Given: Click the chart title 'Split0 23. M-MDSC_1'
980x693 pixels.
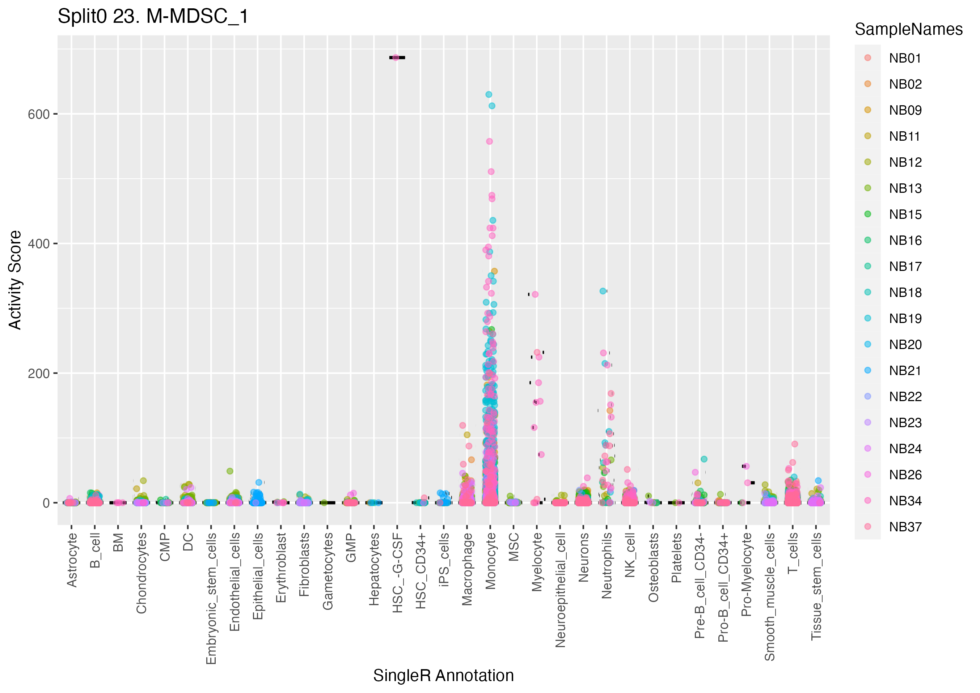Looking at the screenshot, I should click(x=153, y=17).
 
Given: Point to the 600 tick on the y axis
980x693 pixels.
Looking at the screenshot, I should click(x=39, y=114).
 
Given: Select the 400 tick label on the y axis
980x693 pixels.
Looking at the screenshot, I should click(x=39, y=244).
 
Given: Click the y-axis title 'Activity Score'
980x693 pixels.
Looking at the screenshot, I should click(x=15, y=280).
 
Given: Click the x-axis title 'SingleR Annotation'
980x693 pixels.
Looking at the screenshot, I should click(x=443, y=676).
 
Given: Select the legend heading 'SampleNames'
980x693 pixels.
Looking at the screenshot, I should click(x=908, y=29).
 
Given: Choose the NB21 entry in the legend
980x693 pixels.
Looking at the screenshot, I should click(x=905, y=371).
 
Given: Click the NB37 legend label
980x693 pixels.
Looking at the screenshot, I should click(x=905, y=527).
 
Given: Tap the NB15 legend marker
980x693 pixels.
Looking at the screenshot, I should click(x=867, y=214).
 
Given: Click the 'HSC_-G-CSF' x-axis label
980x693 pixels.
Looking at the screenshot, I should click(x=397, y=573).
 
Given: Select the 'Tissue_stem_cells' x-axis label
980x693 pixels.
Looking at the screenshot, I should click(x=816, y=586).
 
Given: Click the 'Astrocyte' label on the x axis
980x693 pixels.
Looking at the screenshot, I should click(x=72, y=560).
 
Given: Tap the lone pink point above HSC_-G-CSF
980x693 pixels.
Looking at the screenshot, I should click(x=396, y=58).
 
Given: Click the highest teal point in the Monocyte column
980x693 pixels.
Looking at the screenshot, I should click(x=489, y=95).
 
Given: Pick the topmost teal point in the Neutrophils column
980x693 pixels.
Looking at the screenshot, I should click(x=603, y=291).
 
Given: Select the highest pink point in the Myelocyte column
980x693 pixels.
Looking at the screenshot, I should click(x=535, y=294).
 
